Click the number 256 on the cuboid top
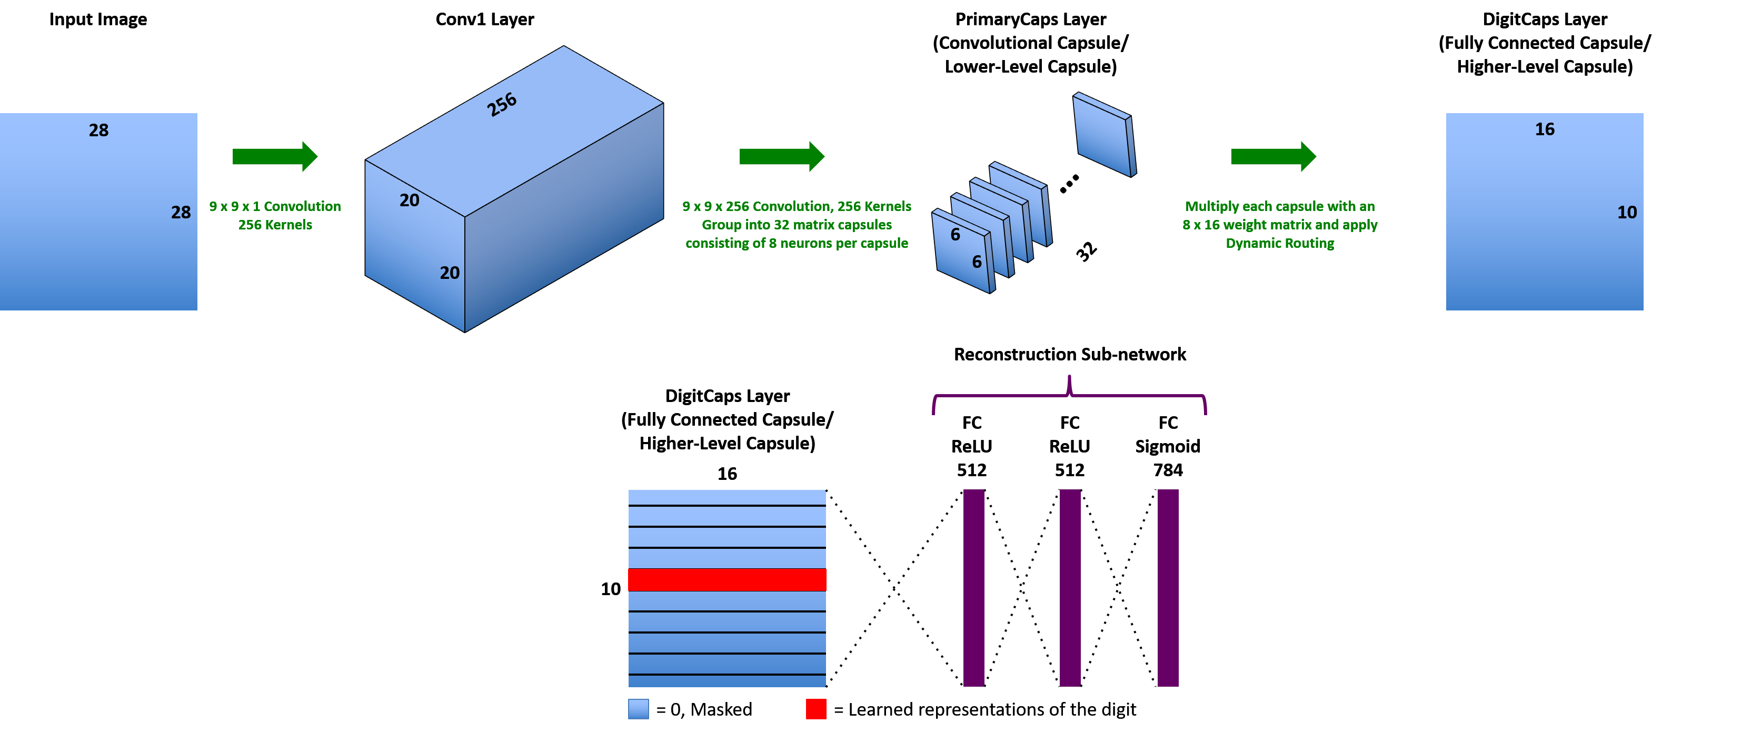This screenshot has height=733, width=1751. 502,105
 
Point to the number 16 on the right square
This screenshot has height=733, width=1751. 1544,129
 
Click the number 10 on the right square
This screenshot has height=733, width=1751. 1627,212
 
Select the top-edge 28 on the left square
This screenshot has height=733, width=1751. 98,130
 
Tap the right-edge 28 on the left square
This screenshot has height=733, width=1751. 181,212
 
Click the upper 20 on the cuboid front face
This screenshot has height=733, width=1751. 409,200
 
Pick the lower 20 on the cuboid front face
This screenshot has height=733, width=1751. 449,273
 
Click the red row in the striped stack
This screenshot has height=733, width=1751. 727,579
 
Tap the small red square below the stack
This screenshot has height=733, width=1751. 815,709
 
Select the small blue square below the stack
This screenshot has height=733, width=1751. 638,709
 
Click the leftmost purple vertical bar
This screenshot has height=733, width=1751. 973,588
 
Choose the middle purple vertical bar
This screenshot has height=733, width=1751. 1070,588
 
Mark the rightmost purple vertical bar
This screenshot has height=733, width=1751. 1168,588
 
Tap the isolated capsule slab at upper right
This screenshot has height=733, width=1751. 1104,135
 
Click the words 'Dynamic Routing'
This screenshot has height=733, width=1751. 1279,243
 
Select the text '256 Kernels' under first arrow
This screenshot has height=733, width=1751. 275,225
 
